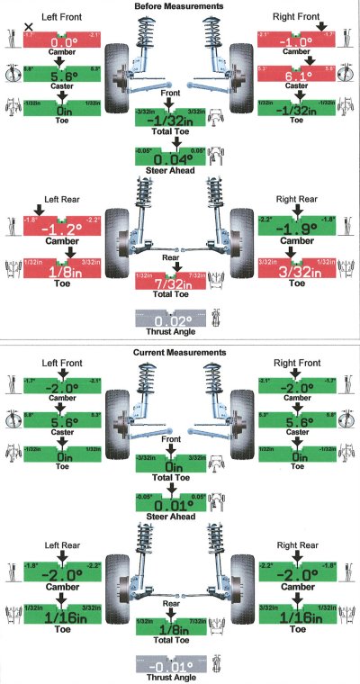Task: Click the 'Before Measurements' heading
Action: pos(179,6)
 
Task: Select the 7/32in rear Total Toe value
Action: pos(179,283)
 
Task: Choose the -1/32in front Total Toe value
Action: pos(179,123)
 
